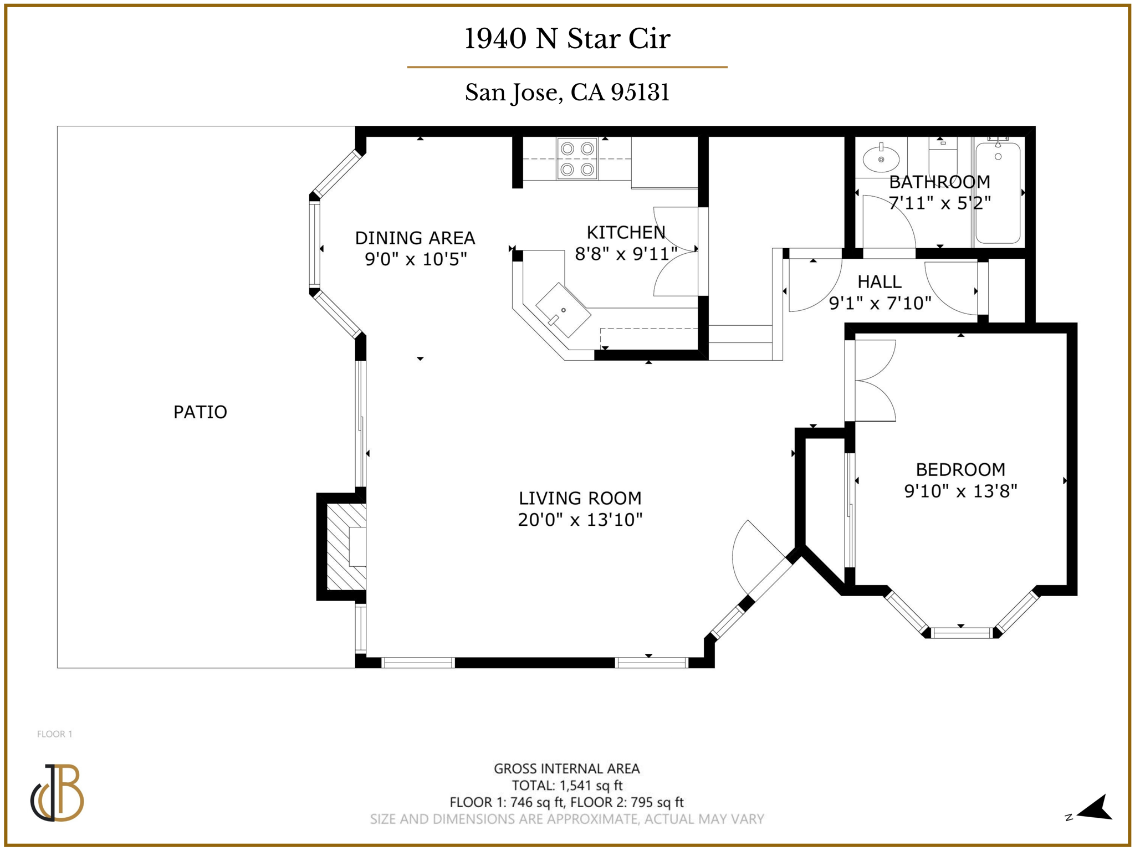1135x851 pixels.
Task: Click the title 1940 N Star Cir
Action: (567, 39)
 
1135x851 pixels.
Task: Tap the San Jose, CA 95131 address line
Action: (567, 93)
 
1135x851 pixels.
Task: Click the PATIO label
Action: (200, 412)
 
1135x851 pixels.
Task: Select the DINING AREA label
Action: (415, 238)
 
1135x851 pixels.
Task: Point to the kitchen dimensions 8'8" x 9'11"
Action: (626, 254)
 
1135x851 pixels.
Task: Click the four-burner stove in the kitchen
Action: (577, 158)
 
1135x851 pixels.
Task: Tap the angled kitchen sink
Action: (563, 310)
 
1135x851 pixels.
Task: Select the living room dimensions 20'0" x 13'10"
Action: (580, 520)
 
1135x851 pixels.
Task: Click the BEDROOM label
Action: (960, 470)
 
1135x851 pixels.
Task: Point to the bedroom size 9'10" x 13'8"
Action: (960, 491)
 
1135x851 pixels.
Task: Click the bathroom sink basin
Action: (881, 159)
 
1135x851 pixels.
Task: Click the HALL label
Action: (879, 282)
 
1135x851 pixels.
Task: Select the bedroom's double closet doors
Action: (875, 381)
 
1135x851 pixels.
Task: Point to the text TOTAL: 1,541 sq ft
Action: (567, 786)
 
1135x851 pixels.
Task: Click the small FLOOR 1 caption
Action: (54, 734)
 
